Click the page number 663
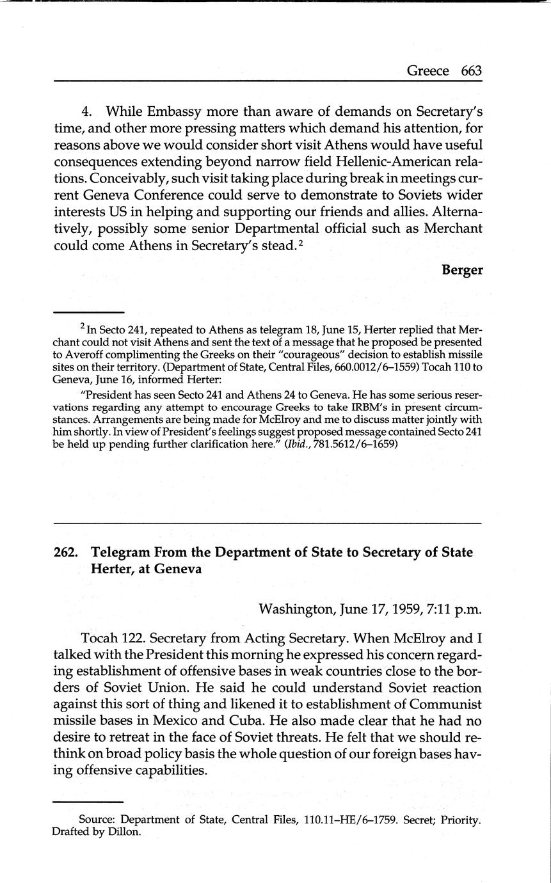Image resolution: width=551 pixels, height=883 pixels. pyautogui.click(x=471, y=71)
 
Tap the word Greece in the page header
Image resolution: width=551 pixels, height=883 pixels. pyautogui.click(x=427, y=71)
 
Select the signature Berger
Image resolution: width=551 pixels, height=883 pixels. pyautogui.click(x=462, y=270)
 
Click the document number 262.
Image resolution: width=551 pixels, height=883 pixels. pyautogui.click(x=67, y=552)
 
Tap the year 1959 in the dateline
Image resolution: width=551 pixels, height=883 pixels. pyautogui.click(x=401, y=609)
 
